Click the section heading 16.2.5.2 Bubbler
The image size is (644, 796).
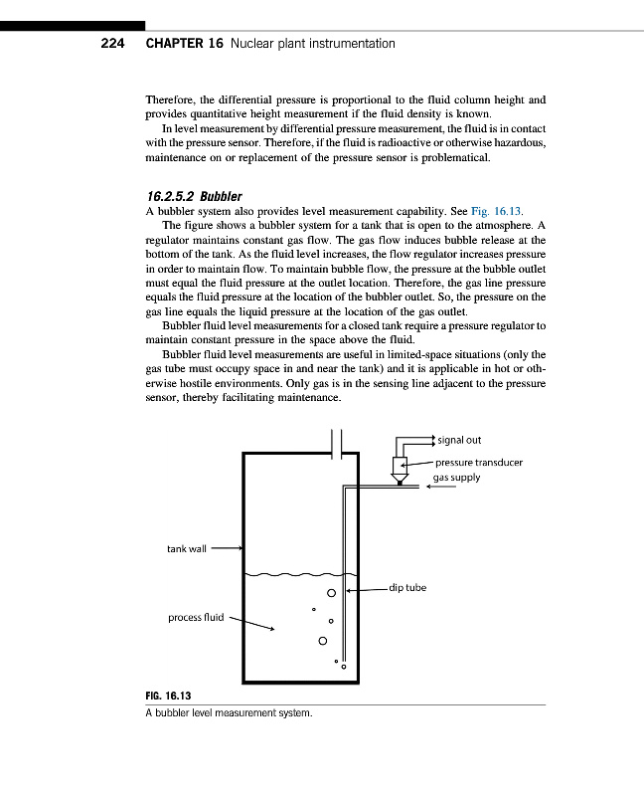pyautogui.click(x=194, y=196)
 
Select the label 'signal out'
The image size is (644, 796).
pyautogui.click(x=459, y=441)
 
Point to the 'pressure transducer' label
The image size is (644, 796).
pyautogui.click(x=479, y=463)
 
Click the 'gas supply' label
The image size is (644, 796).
pyautogui.click(x=456, y=477)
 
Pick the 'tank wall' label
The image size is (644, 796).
pyautogui.click(x=187, y=548)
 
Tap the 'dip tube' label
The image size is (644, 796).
pyautogui.click(x=407, y=588)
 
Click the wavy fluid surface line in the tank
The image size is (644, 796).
pyautogui.click(x=293, y=575)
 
